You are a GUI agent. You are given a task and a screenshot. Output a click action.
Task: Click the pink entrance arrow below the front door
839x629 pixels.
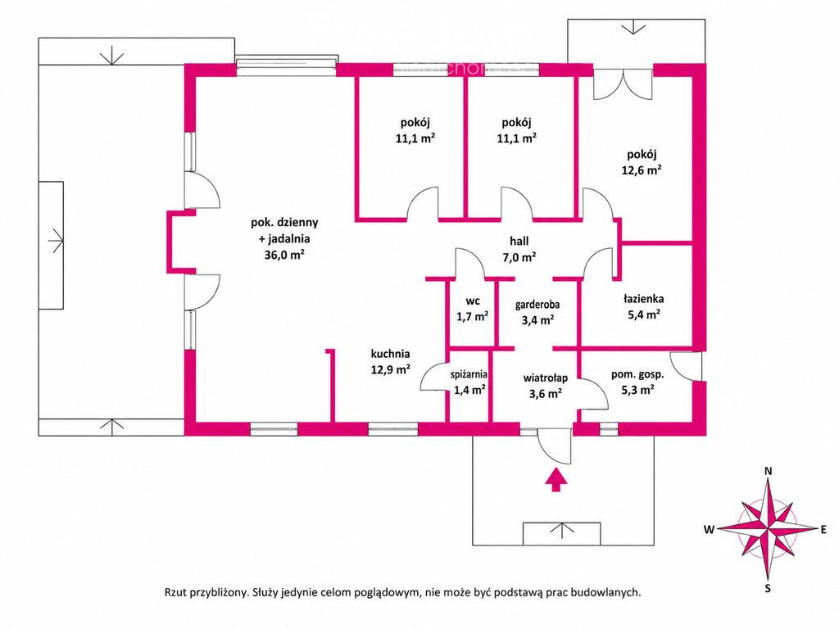[x=556, y=479]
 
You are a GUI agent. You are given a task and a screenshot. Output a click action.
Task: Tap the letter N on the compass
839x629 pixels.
[x=769, y=471]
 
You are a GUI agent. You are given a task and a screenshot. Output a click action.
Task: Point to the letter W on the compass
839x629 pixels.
[x=709, y=530]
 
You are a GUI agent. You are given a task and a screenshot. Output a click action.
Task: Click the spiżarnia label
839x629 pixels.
[x=469, y=374]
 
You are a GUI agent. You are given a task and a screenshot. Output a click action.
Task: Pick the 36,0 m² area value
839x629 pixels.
[x=284, y=255]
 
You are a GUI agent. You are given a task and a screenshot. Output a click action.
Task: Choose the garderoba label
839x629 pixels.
[x=537, y=305]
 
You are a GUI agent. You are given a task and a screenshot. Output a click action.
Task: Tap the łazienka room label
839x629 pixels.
[x=644, y=299]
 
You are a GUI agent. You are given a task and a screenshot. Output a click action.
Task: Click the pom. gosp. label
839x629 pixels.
[x=637, y=375]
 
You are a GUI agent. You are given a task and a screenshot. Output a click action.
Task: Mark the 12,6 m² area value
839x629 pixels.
[x=642, y=170]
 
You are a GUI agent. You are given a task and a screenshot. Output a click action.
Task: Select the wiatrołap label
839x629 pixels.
[x=545, y=378]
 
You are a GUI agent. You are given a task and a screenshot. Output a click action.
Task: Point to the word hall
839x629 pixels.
[x=519, y=242]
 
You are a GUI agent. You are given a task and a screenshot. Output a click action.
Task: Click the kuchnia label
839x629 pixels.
[x=391, y=354]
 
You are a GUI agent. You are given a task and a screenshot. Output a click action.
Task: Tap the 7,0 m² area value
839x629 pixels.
[x=519, y=257]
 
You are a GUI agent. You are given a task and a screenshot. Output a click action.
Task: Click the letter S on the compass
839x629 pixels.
[x=768, y=589]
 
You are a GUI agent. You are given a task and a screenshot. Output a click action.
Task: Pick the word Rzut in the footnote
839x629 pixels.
[x=175, y=592]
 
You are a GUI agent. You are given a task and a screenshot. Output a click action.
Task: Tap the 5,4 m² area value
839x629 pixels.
[x=644, y=315]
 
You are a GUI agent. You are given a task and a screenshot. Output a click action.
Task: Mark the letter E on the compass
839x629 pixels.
[x=823, y=530]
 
